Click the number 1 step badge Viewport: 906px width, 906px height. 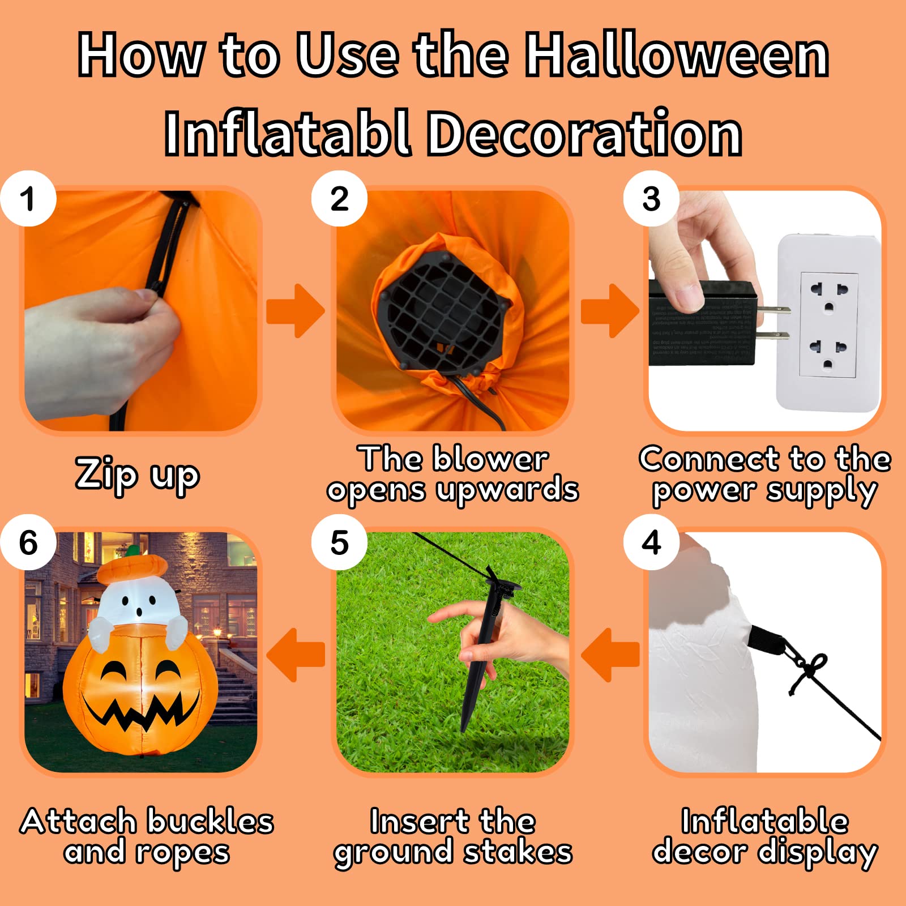(x=28, y=199)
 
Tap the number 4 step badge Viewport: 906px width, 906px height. (x=651, y=542)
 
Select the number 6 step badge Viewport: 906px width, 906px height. (x=28, y=542)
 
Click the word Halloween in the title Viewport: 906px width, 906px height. (x=677, y=55)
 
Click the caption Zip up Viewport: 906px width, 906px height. (x=138, y=475)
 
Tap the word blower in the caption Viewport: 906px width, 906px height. (x=490, y=459)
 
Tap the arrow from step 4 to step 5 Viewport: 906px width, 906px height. (x=610, y=655)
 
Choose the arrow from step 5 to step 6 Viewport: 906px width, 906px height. (x=296, y=655)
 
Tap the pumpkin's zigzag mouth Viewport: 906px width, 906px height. (x=139, y=715)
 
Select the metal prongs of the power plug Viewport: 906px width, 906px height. (x=773, y=323)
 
